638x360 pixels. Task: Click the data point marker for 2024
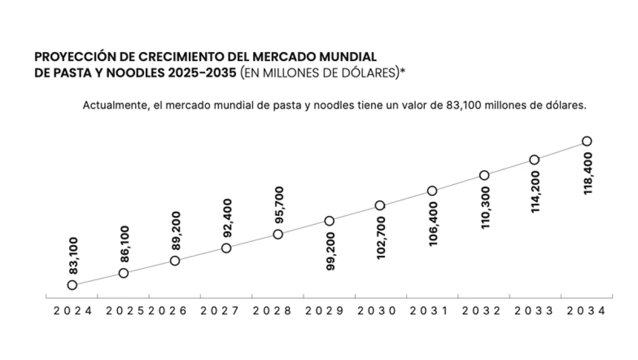pyautogui.click(x=72, y=285)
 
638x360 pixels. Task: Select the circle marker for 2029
pyautogui.click(x=330, y=221)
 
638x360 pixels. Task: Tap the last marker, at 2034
pyautogui.click(x=587, y=141)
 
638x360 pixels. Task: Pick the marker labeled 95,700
pyautogui.click(x=278, y=234)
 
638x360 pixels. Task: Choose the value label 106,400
pyautogui.click(x=434, y=224)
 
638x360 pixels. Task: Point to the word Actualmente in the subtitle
pyautogui.click(x=108, y=105)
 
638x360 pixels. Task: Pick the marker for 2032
pyautogui.click(x=484, y=175)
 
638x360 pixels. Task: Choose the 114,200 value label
pyautogui.click(x=535, y=192)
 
